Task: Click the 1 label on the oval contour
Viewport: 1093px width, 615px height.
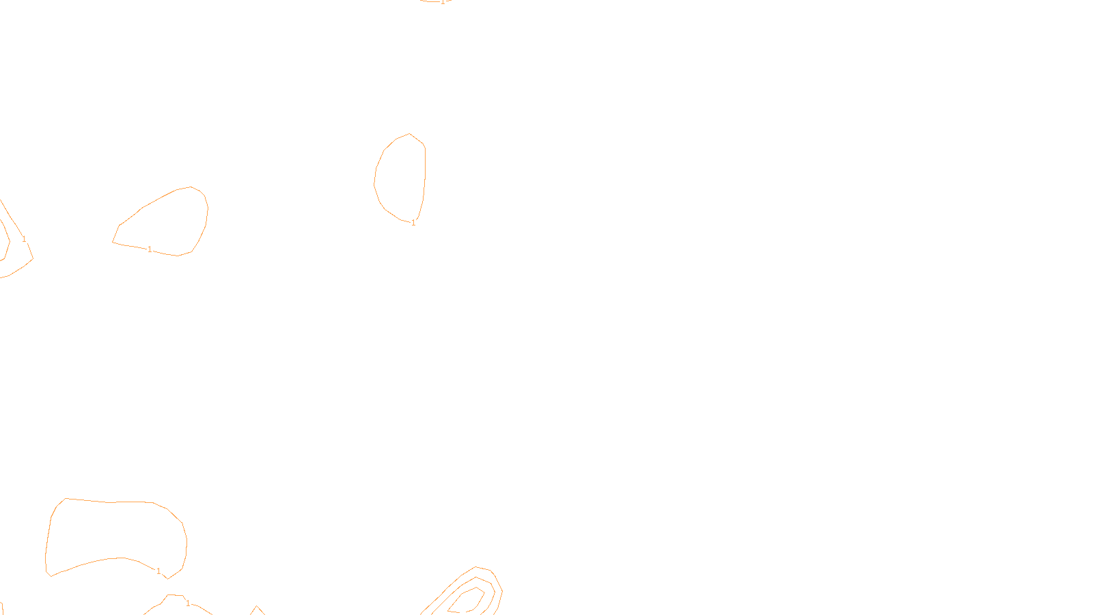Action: (x=413, y=223)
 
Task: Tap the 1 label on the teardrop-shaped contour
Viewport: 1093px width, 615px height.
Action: (x=150, y=249)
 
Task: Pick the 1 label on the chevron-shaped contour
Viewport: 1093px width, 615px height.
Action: (x=24, y=239)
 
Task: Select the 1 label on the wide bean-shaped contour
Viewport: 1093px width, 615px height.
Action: (x=158, y=571)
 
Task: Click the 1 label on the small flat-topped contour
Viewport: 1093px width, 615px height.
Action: (x=188, y=603)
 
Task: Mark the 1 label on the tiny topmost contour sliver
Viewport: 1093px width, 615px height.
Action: (x=442, y=2)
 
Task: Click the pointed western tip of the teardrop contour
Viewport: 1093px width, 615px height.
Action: (x=113, y=242)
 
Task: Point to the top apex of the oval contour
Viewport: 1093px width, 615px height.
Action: (x=409, y=134)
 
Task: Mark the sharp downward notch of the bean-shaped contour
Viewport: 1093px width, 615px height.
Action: (x=167, y=578)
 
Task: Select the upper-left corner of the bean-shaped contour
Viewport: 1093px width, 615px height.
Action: (x=66, y=499)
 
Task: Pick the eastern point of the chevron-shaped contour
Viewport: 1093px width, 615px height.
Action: (x=33, y=258)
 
